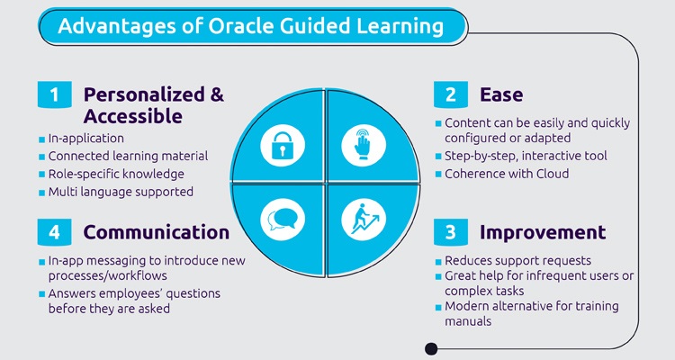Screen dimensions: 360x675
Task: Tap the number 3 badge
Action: pyautogui.click(x=449, y=232)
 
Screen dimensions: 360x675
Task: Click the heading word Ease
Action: pyautogui.click(x=501, y=94)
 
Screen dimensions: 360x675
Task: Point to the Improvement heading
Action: pyautogui.click(x=542, y=232)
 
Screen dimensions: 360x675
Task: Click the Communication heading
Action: pyautogui.click(x=156, y=232)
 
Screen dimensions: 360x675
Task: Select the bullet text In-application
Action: pyautogui.click(x=86, y=139)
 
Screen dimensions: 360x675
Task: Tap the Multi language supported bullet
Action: pyautogui.click(x=121, y=192)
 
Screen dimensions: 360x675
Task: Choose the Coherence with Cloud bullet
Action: pyautogui.click(x=507, y=174)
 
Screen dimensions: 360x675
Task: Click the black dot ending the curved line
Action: pyautogui.click(x=430, y=348)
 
